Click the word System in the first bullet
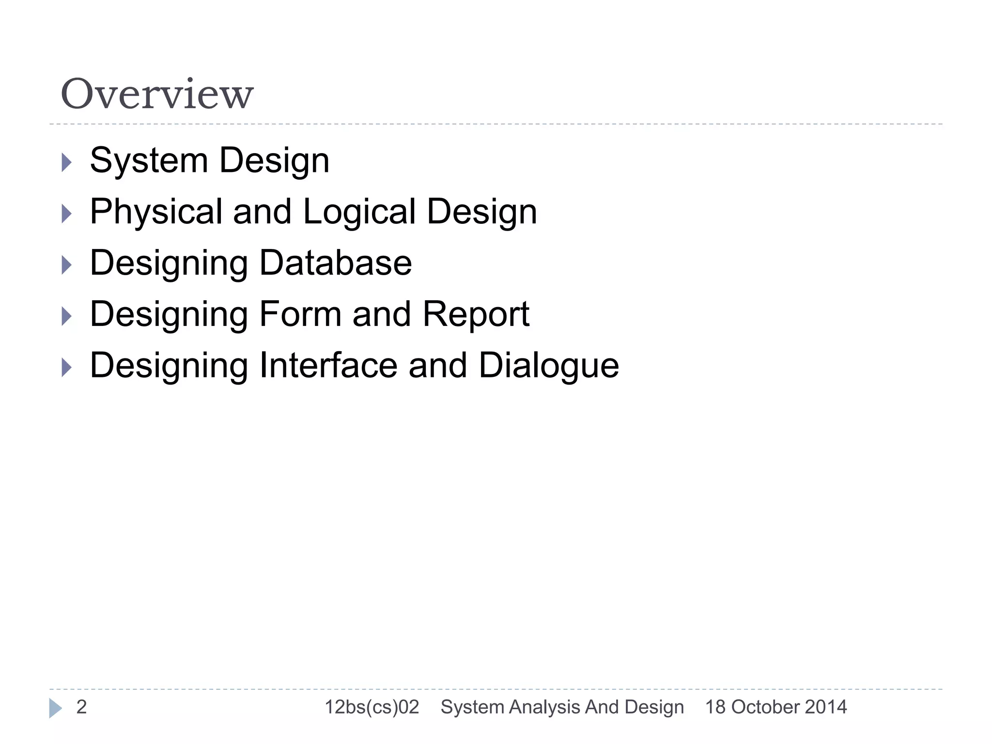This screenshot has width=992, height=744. pos(149,160)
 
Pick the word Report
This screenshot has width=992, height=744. pos(476,315)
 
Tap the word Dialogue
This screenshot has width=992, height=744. pos(548,366)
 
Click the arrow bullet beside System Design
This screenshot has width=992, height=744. pos(67,162)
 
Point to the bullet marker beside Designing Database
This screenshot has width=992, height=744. pos(67,265)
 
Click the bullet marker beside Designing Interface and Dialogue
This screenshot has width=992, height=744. pos(67,368)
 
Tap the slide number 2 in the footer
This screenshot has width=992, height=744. pos(81,707)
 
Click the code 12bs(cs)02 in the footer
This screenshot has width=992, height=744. pos(372,707)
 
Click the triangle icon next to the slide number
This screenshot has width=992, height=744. pos(55,708)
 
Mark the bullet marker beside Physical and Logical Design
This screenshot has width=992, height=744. pos(67,214)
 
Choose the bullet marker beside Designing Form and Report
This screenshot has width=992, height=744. pos(67,316)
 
